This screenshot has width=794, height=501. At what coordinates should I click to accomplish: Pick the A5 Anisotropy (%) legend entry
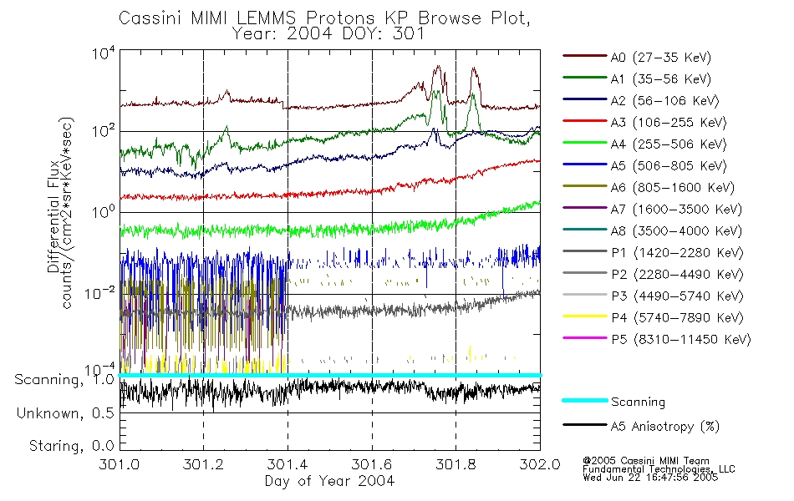[x=664, y=427]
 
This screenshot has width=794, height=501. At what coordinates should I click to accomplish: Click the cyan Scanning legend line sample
[x=583, y=402]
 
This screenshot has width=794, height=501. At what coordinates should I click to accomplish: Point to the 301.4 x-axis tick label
[x=288, y=465]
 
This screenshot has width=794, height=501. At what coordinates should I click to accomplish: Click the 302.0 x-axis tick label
[x=539, y=465]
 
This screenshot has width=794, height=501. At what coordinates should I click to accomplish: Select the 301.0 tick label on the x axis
[x=120, y=465]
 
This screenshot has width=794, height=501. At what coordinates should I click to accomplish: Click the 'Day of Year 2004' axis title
[x=329, y=481]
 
